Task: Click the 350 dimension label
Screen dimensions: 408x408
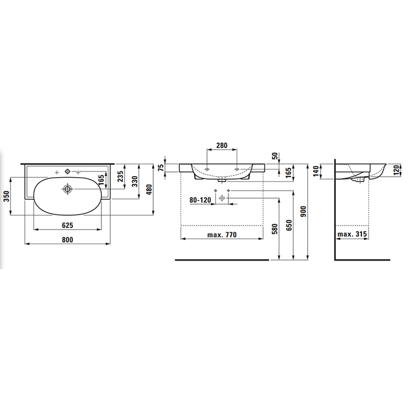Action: [x=6, y=196]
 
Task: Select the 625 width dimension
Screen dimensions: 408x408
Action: [x=68, y=226]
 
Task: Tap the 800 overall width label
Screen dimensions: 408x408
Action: [x=68, y=240]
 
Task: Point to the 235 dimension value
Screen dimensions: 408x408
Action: [x=121, y=177]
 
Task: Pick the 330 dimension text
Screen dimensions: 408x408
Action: [x=135, y=181]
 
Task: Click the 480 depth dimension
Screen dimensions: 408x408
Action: [x=149, y=189]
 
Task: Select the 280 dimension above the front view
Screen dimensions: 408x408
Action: [x=221, y=145]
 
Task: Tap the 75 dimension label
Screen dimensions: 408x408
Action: [x=161, y=168]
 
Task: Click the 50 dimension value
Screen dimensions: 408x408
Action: [x=275, y=156]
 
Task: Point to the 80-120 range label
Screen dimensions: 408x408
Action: [x=200, y=200]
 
